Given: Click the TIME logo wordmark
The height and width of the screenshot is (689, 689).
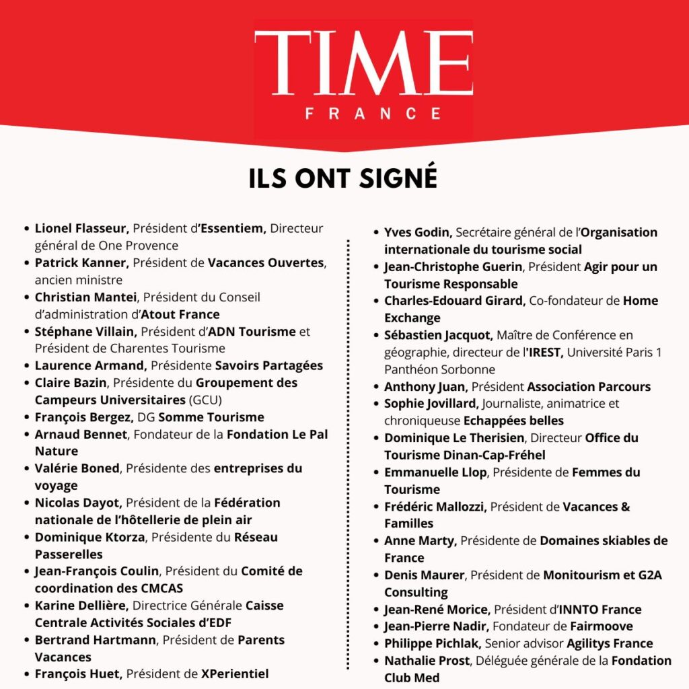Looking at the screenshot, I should click(363, 64).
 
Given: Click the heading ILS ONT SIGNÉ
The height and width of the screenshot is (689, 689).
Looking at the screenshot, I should click(343, 179).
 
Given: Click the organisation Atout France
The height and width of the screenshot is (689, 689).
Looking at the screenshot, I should click(180, 314).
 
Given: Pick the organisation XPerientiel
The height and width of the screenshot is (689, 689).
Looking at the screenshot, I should click(235, 674).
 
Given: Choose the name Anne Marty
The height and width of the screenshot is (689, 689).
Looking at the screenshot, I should click(420, 540).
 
